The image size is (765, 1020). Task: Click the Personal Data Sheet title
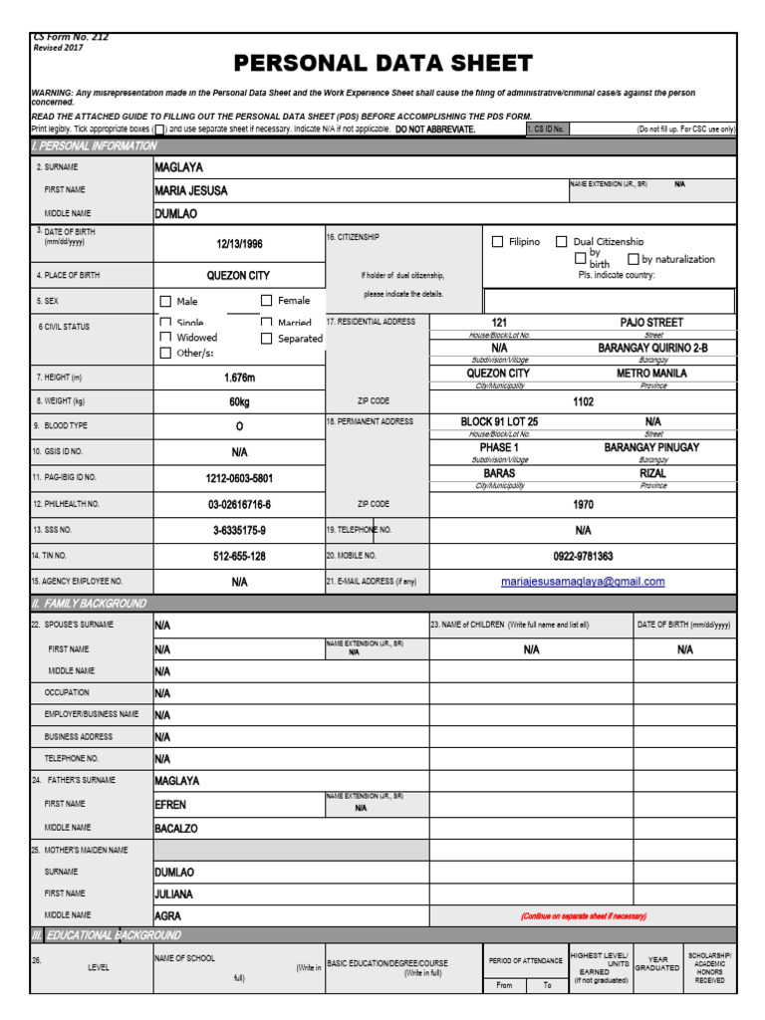382,64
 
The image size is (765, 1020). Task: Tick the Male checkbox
165,302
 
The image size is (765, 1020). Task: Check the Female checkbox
267,301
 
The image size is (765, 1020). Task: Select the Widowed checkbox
165,338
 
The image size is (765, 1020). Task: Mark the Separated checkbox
267,339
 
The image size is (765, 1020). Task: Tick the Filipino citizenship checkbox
498,242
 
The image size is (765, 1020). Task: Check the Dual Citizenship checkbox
562,242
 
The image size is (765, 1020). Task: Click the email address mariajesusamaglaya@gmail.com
583,582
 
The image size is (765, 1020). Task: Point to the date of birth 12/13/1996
239,243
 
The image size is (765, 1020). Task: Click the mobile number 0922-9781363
583,556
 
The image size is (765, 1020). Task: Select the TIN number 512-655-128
239,556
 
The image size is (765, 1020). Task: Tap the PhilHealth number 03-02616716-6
239,504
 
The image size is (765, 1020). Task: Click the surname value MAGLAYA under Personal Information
179,167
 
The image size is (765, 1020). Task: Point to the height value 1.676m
239,379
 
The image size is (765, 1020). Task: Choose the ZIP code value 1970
583,504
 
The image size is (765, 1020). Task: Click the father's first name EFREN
170,805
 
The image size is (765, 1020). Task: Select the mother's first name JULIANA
173,894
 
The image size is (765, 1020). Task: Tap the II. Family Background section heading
89,604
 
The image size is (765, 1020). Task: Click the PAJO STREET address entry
651,323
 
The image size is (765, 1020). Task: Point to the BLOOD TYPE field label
66,426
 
